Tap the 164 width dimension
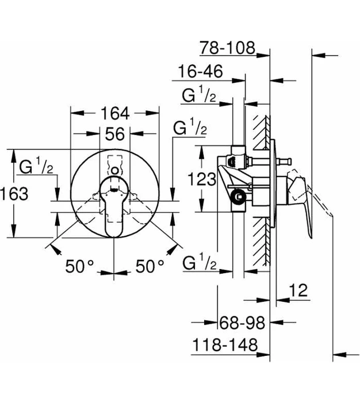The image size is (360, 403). (115, 114)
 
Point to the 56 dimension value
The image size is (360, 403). (115, 134)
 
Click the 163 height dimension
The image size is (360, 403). (14, 194)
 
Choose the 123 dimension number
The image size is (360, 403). (202, 180)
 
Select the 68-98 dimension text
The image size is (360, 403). (241, 323)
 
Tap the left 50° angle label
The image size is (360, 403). (79, 266)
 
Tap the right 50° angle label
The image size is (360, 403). (150, 266)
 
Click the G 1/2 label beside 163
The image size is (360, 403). (36, 167)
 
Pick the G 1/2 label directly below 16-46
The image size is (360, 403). (198, 95)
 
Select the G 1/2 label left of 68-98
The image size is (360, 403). (199, 263)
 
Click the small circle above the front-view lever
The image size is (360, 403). (115, 170)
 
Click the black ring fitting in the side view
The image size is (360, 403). (237, 197)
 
